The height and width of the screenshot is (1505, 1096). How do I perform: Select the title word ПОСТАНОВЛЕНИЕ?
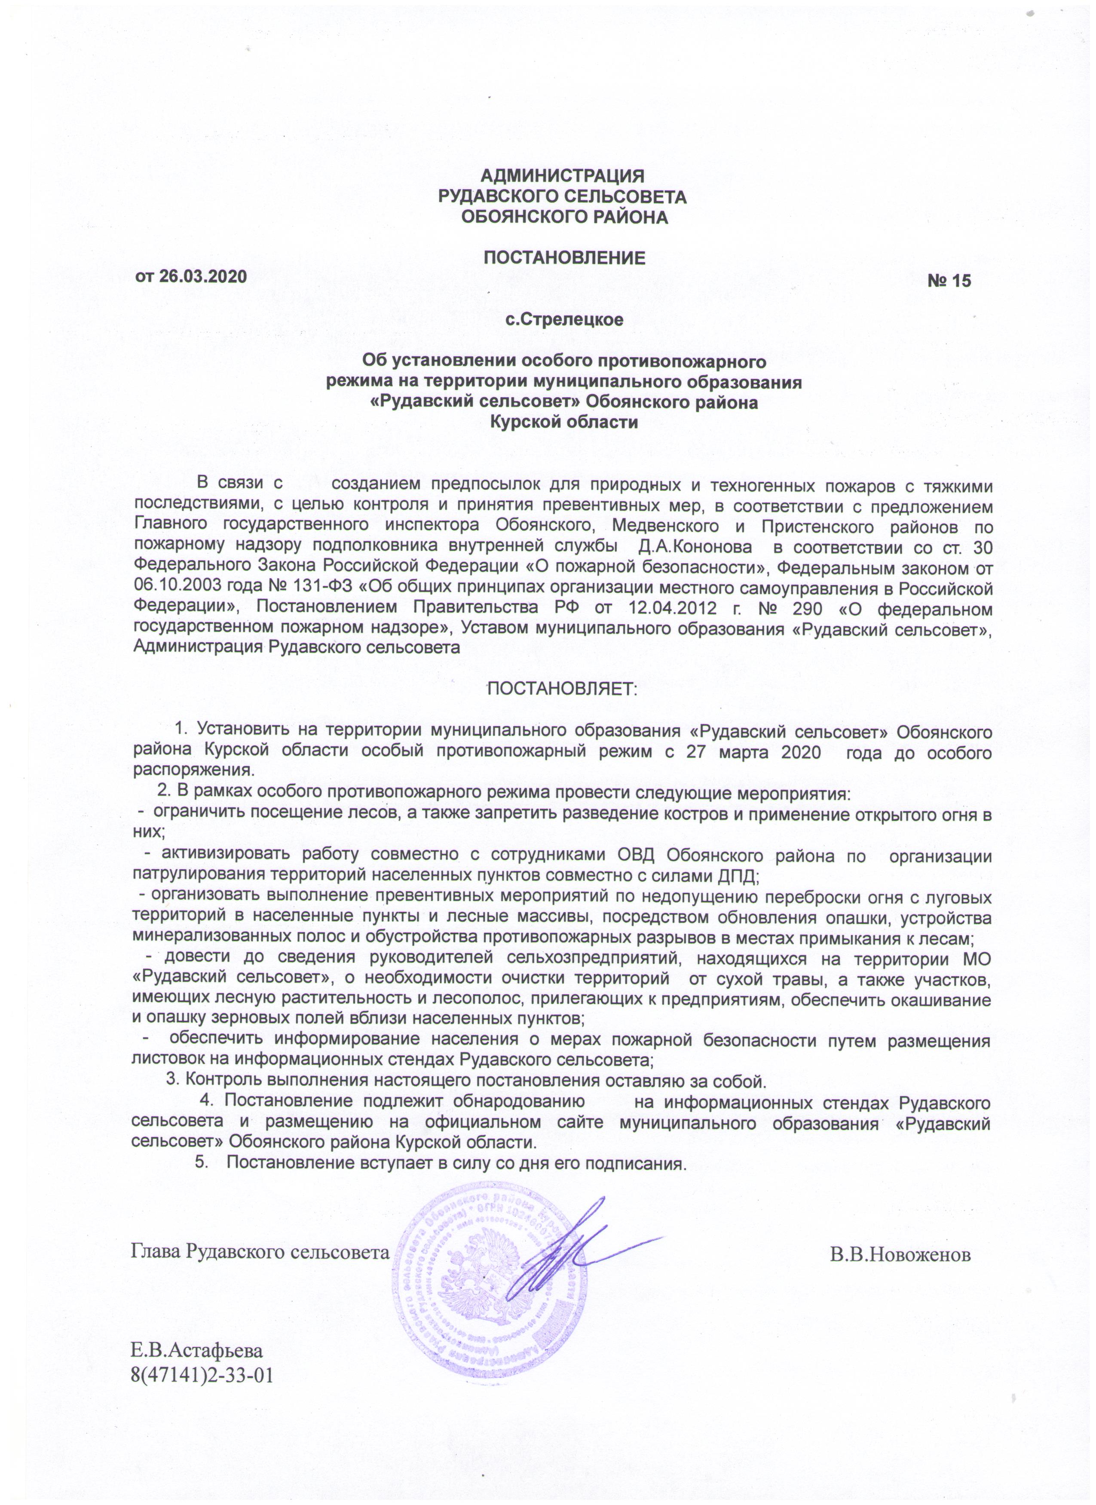pyautogui.click(x=564, y=258)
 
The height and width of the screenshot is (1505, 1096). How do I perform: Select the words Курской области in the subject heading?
pyautogui.click(x=564, y=422)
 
